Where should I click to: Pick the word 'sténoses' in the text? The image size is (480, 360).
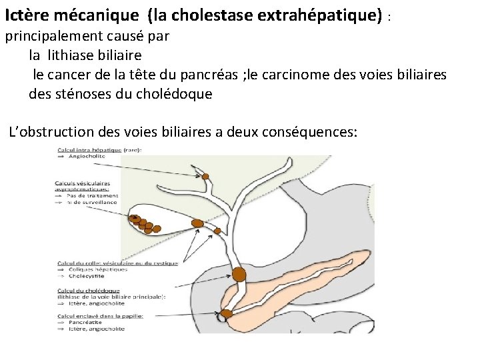point(85,94)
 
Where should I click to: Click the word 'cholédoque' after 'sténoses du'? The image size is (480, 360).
point(175,94)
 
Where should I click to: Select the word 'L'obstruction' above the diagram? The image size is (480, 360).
point(49,132)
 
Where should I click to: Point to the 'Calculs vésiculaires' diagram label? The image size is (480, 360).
point(83,183)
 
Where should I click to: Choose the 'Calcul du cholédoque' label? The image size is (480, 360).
point(88,291)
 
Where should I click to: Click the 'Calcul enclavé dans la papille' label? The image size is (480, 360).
point(99,315)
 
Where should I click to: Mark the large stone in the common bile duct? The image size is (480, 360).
point(239,274)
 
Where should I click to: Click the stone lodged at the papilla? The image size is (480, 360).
point(226,313)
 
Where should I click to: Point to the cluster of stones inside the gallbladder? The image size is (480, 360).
point(140,223)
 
